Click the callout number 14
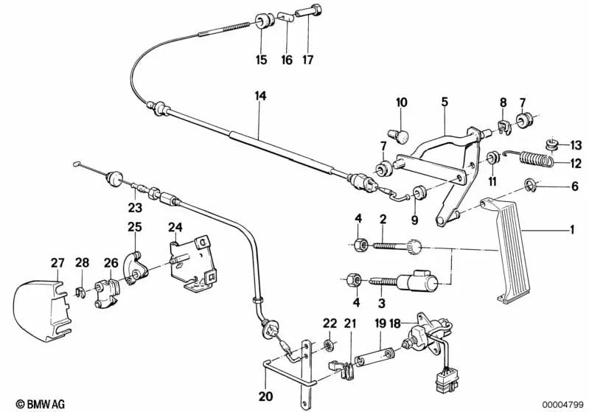tap(258, 96)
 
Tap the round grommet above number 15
tap(262, 21)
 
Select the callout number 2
tap(383, 219)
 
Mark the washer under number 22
tap(330, 346)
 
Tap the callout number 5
tap(445, 102)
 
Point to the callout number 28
tap(81, 263)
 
